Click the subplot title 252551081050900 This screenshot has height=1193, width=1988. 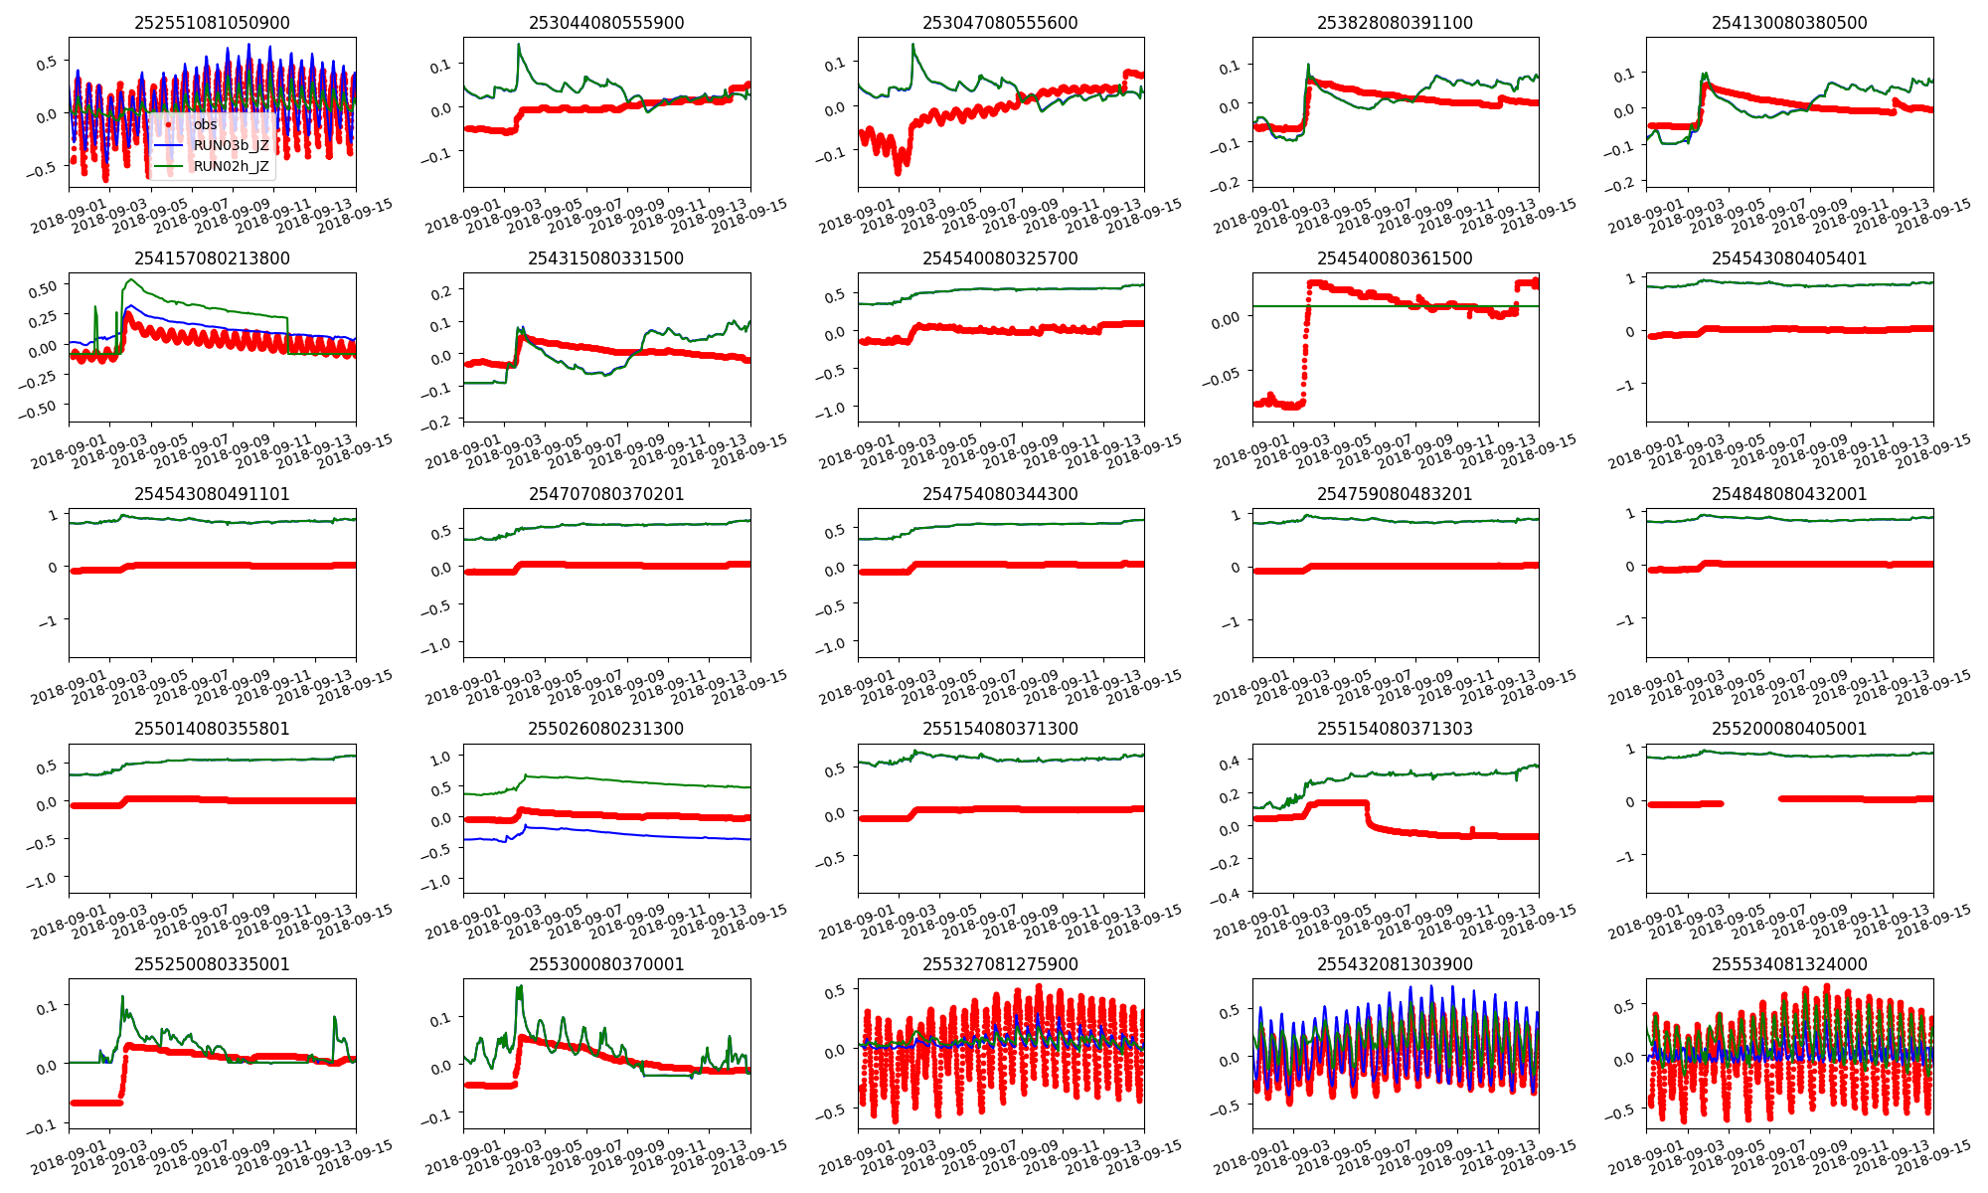coord(212,23)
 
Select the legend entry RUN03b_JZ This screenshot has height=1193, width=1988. coord(231,145)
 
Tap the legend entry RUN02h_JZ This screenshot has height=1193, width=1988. coord(231,166)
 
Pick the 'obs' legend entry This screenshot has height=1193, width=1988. coord(205,124)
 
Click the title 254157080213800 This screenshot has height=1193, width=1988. coord(212,258)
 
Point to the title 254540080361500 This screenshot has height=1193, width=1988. coord(1395,258)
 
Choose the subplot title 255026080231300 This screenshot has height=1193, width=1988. coord(606,729)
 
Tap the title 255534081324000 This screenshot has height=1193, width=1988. coord(1789,964)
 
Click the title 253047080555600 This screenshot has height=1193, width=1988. coord(1000,23)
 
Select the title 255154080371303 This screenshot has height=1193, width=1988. coord(1395,729)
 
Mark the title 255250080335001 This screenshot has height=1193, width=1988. coord(212,964)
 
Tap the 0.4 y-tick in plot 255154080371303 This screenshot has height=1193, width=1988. coord(1231,762)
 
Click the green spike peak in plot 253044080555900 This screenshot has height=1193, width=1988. coord(519,45)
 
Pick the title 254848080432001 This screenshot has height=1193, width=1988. coord(1789,494)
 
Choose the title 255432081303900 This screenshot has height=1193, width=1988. coord(1395,964)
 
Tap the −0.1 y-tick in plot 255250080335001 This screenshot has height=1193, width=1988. coord(45,1126)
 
